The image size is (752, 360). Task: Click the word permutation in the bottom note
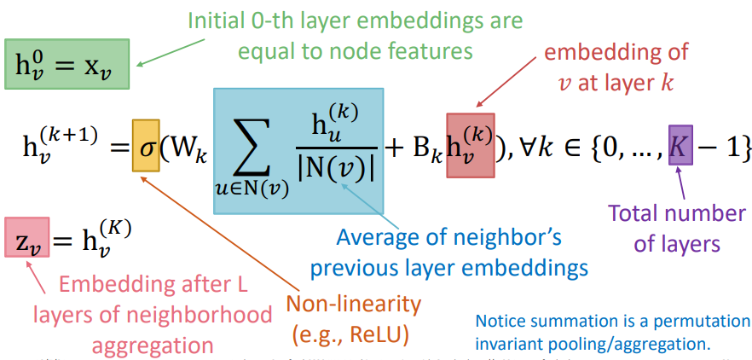tap(699, 322)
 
